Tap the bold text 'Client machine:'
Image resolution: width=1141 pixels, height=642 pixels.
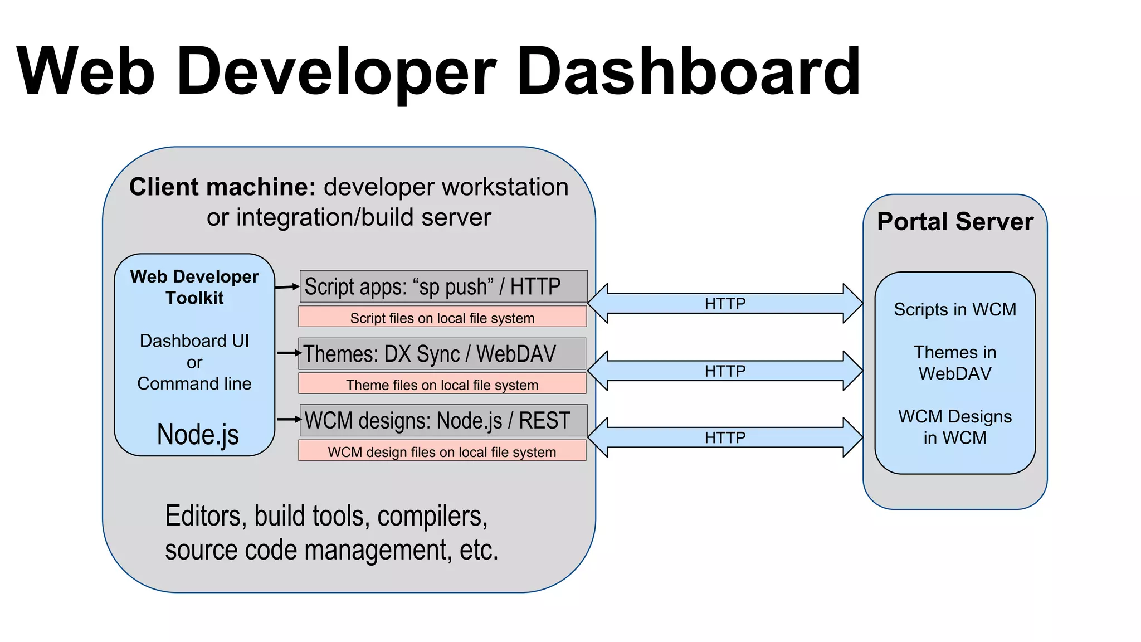222,187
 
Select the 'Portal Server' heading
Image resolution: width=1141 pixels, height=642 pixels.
955,222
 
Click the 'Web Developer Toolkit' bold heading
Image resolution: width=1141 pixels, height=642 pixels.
194,287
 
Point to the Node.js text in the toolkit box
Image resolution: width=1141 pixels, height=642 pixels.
198,434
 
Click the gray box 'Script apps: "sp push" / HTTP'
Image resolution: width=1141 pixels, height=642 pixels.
443,286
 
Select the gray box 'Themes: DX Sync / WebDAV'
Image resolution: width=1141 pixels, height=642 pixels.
442,354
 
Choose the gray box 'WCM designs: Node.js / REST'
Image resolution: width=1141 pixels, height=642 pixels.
443,421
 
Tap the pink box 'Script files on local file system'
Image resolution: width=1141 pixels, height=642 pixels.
442,318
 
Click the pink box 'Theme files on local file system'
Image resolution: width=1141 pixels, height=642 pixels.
442,385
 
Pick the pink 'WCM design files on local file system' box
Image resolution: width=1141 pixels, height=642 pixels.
442,451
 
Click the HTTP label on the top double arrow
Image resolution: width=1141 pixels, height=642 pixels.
725,304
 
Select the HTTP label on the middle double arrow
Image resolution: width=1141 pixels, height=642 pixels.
725,371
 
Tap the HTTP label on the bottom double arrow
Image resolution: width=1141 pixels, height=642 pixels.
725,437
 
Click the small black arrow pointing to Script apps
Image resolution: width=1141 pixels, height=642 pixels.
287,287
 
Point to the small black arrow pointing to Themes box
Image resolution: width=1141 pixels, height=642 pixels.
289,353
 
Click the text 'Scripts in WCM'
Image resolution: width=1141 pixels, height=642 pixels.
955,309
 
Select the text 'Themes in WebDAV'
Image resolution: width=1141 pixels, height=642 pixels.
955,363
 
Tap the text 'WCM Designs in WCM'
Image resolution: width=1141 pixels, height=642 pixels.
955,427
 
